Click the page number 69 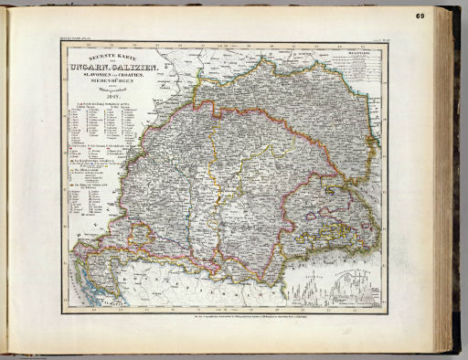[444, 15]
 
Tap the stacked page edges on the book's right [448, 183]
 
